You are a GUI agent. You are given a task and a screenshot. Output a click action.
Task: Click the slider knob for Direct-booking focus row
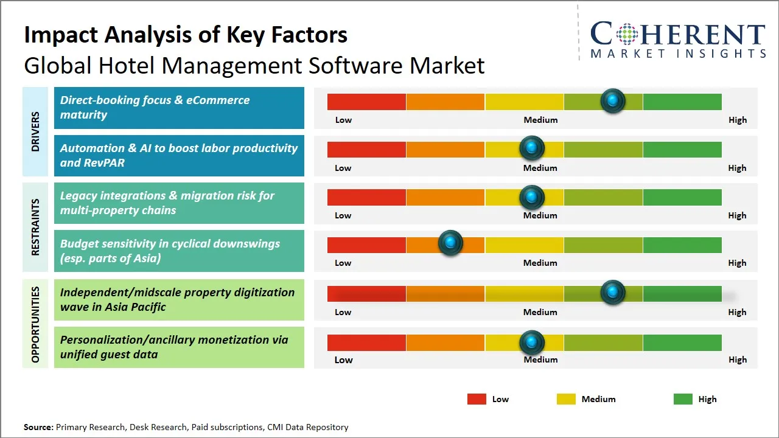pos(613,100)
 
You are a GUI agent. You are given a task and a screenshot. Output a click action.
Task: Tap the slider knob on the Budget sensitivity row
pos(450,243)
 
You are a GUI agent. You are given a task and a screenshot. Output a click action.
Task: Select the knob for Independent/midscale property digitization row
pos(613,293)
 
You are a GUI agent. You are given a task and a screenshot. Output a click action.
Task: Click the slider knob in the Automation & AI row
pos(532,148)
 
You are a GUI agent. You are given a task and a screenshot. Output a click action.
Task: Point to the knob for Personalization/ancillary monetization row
pos(532,342)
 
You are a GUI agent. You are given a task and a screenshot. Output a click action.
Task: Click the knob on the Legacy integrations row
pos(532,196)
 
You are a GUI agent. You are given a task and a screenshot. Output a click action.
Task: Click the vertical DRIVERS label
pos(35,131)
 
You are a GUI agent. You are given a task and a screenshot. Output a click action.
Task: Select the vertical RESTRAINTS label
pos(35,227)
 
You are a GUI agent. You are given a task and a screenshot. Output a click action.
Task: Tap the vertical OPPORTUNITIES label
pos(35,324)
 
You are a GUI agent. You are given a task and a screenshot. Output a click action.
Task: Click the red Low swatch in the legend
pos(477,399)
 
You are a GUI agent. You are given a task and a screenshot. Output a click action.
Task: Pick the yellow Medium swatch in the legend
pos(566,399)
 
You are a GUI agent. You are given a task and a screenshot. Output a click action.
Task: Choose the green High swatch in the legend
pos(683,399)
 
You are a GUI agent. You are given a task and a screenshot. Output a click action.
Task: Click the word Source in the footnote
pos(38,427)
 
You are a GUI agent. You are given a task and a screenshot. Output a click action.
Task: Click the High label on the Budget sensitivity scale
pos(737,263)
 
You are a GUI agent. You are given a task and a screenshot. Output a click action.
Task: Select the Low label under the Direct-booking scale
pos(343,120)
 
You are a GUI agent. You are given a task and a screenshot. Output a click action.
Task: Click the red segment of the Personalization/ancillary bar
pos(366,342)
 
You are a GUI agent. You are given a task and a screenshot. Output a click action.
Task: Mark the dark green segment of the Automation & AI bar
pos(682,149)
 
